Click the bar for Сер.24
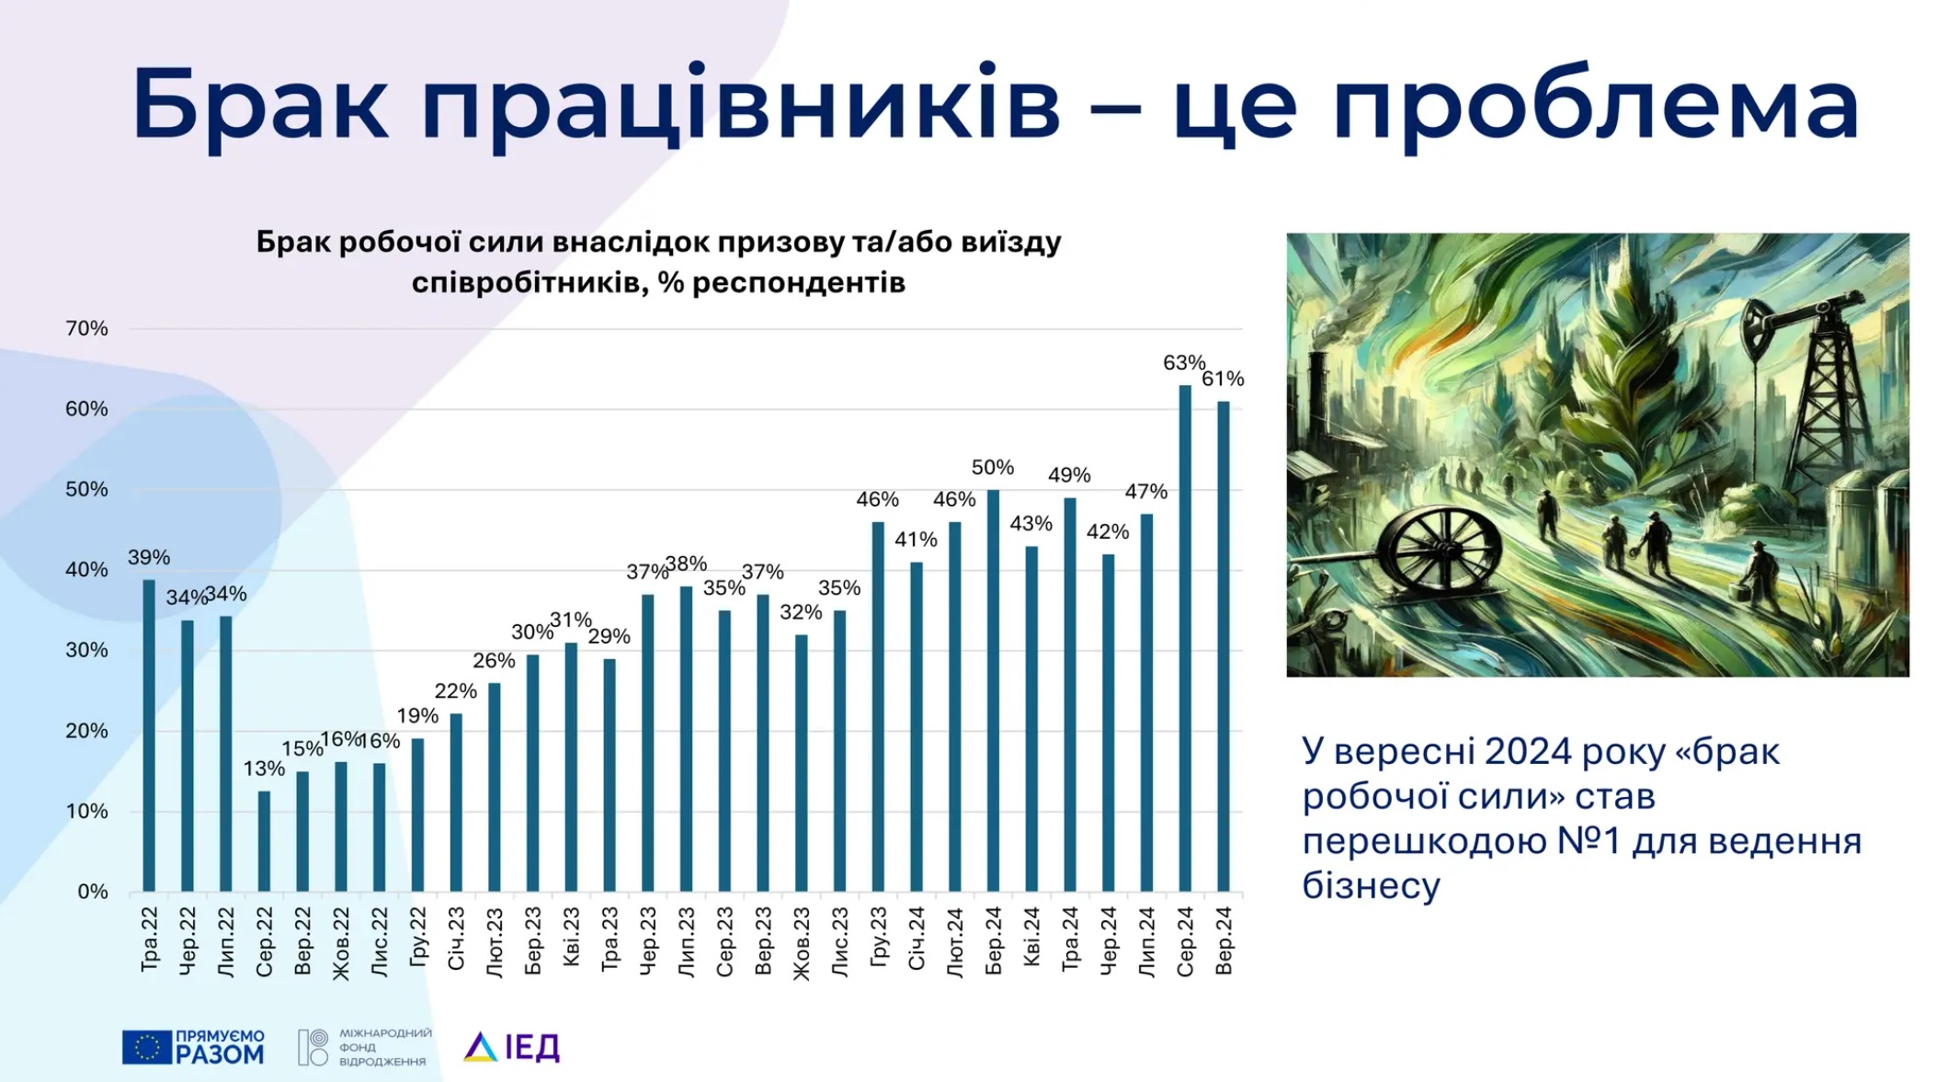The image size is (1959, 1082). [1185, 638]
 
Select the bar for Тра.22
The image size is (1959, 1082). [149, 735]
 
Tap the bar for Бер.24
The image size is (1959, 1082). [993, 690]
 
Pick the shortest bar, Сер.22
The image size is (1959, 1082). [264, 841]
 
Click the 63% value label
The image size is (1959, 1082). [1183, 363]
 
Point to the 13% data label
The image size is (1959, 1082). [264, 769]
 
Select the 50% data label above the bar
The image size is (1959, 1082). [993, 468]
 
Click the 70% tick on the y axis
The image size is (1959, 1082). [86, 328]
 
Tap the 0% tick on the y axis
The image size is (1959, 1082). [92, 892]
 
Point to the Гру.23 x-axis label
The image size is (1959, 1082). [878, 938]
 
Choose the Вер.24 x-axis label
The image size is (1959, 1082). [1224, 941]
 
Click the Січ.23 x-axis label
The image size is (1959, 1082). [456, 939]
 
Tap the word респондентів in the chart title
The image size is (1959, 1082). [798, 282]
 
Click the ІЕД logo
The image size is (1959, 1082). [512, 1046]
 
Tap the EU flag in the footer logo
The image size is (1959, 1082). [146, 1047]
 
